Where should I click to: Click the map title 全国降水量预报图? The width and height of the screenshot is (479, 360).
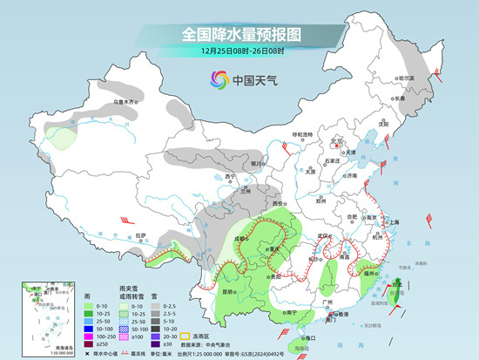[240, 34]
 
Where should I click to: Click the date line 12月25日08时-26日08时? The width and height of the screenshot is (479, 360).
[240, 51]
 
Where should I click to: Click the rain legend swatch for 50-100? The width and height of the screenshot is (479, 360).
[89, 323]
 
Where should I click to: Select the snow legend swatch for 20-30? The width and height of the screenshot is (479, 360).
[152, 335]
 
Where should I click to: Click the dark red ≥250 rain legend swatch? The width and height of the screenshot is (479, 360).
[89, 344]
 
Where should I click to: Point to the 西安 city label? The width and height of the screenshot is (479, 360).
[280, 202]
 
